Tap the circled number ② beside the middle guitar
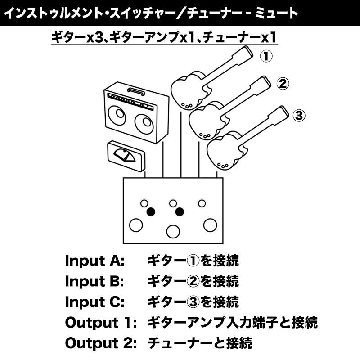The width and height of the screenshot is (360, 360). click(x=282, y=84)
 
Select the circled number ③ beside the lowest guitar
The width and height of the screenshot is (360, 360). click(x=299, y=116)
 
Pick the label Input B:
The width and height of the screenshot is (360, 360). click(x=94, y=281)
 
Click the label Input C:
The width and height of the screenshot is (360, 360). click(x=94, y=301)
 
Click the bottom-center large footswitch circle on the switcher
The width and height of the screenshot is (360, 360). click(x=172, y=231)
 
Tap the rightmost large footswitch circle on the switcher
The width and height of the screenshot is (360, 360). click(x=209, y=224)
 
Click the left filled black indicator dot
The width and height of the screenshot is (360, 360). click(x=151, y=211)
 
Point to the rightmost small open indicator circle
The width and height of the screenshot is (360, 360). click(x=202, y=203)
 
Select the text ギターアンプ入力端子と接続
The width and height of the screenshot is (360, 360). click(x=233, y=322)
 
